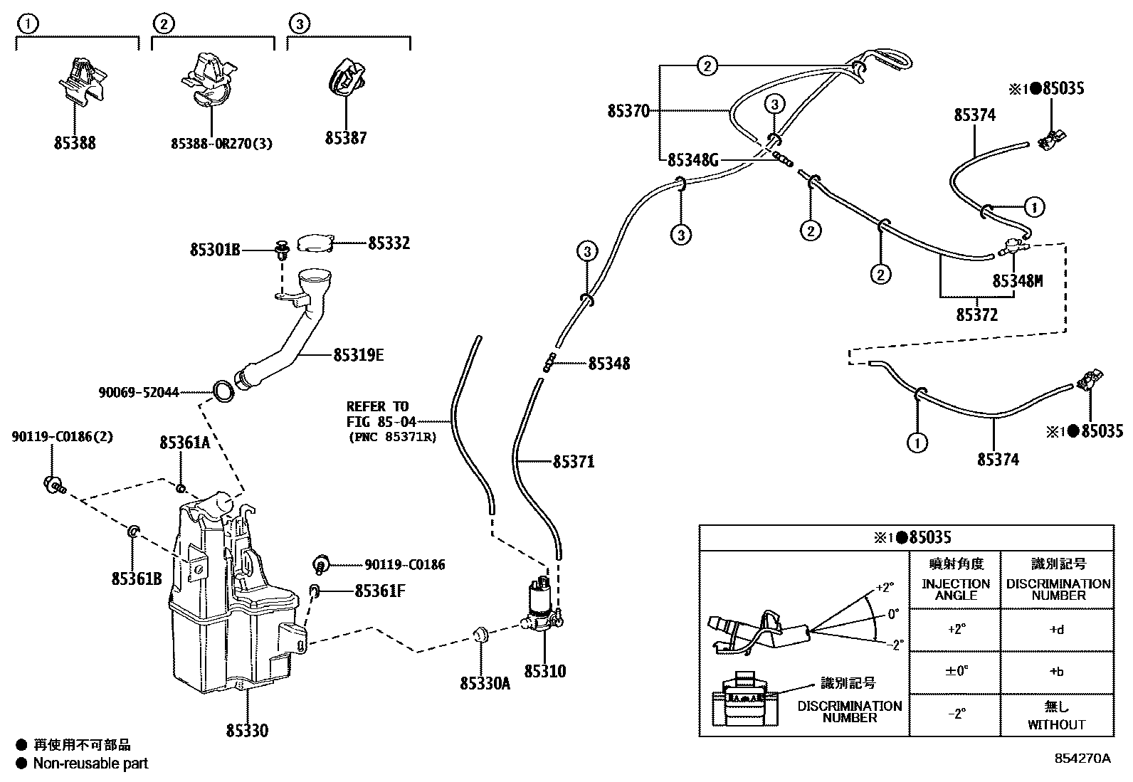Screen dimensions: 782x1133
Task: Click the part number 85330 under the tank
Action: tap(247, 730)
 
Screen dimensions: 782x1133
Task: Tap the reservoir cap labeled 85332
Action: tap(314, 243)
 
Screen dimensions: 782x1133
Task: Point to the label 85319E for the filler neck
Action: tap(358, 354)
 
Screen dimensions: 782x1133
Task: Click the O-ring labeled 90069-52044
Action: tap(223, 391)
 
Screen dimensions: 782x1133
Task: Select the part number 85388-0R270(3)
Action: tap(221, 143)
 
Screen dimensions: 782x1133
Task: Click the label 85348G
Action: tap(692, 160)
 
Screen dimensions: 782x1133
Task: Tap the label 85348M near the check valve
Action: tap(1017, 280)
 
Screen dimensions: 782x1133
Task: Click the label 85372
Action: tap(976, 314)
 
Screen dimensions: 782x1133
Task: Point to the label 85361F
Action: tap(379, 590)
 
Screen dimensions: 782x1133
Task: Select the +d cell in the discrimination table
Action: tap(1056, 630)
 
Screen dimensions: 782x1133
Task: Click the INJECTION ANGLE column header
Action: tap(955, 589)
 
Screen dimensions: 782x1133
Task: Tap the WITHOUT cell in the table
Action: tap(1056, 724)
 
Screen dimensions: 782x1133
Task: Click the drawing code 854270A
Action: tap(1082, 759)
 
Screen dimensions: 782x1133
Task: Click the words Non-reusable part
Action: tap(91, 763)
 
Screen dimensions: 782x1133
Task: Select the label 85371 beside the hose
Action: tap(573, 462)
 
